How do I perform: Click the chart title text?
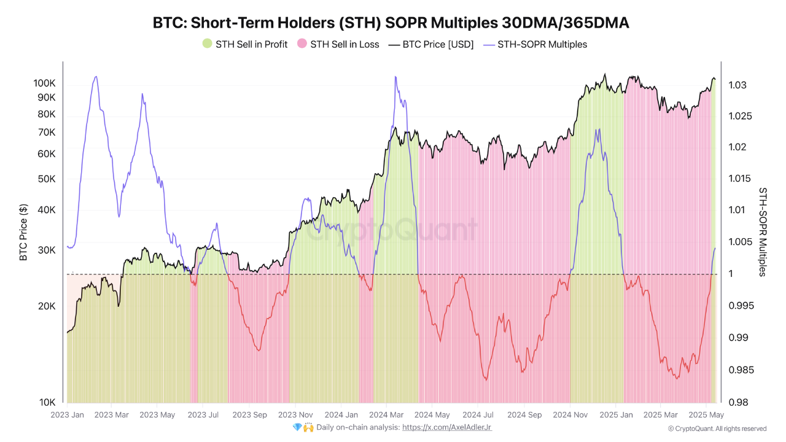tap(391, 23)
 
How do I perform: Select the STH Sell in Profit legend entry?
tap(245, 44)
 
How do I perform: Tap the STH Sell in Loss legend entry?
tap(338, 44)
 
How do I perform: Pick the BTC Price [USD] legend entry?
tap(431, 44)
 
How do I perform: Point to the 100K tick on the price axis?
tap(44, 83)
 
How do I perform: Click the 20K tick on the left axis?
tap(47, 306)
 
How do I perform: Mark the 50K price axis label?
tap(47, 179)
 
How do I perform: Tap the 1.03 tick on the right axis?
tap(738, 85)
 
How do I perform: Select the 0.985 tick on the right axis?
tap(741, 370)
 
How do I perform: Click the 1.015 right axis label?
tap(741, 179)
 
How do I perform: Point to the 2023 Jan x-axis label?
tap(67, 415)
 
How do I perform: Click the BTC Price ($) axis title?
tap(24, 232)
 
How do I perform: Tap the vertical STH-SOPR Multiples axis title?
tap(763, 232)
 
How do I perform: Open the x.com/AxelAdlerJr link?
tap(446, 427)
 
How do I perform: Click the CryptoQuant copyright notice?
tap(717, 428)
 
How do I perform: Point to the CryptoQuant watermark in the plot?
tap(393, 230)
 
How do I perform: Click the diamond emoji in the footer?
tap(297, 427)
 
